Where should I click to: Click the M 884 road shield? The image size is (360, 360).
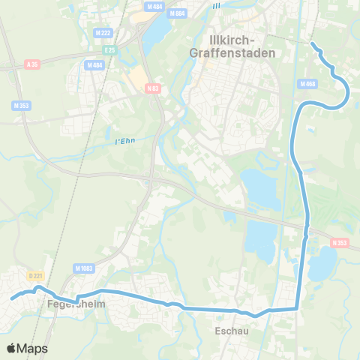coord(177,13)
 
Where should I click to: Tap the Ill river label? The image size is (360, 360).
coord(217,6)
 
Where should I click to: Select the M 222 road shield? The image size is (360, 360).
coord(103,33)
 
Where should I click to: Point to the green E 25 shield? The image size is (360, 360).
coord(111,49)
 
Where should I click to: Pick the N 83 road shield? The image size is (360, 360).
coord(153,88)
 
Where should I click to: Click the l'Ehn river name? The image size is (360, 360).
coord(124,141)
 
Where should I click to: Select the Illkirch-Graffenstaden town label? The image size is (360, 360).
coord(238,46)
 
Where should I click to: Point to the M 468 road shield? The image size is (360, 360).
coord(307,84)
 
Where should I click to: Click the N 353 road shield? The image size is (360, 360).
coord(340,243)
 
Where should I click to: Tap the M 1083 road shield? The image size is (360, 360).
coord(82,268)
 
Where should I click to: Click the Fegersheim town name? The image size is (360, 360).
coord(75,304)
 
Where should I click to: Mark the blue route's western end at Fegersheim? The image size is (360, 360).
coord(11,299)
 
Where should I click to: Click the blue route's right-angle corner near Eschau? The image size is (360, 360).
coord(298,307)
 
